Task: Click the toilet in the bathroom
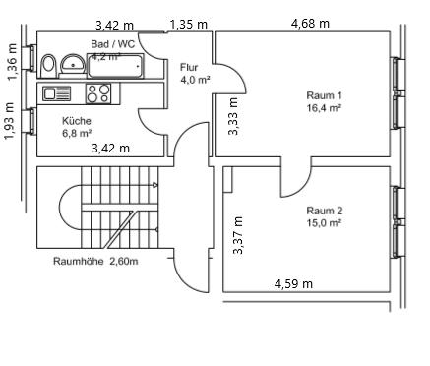[48, 64]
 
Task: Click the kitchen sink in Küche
[56, 93]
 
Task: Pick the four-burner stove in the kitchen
[98, 93]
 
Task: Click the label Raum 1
[324, 95]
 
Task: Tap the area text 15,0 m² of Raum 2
[324, 223]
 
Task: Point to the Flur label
[189, 67]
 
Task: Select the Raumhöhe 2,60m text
[95, 261]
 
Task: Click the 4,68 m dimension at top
[310, 23]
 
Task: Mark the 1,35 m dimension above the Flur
[188, 24]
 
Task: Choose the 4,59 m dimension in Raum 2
[293, 283]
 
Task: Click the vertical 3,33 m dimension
[233, 115]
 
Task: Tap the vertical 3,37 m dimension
[237, 236]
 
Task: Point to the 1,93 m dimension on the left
[10, 121]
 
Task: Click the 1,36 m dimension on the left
[11, 61]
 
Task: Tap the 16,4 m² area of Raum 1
[324, 108]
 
